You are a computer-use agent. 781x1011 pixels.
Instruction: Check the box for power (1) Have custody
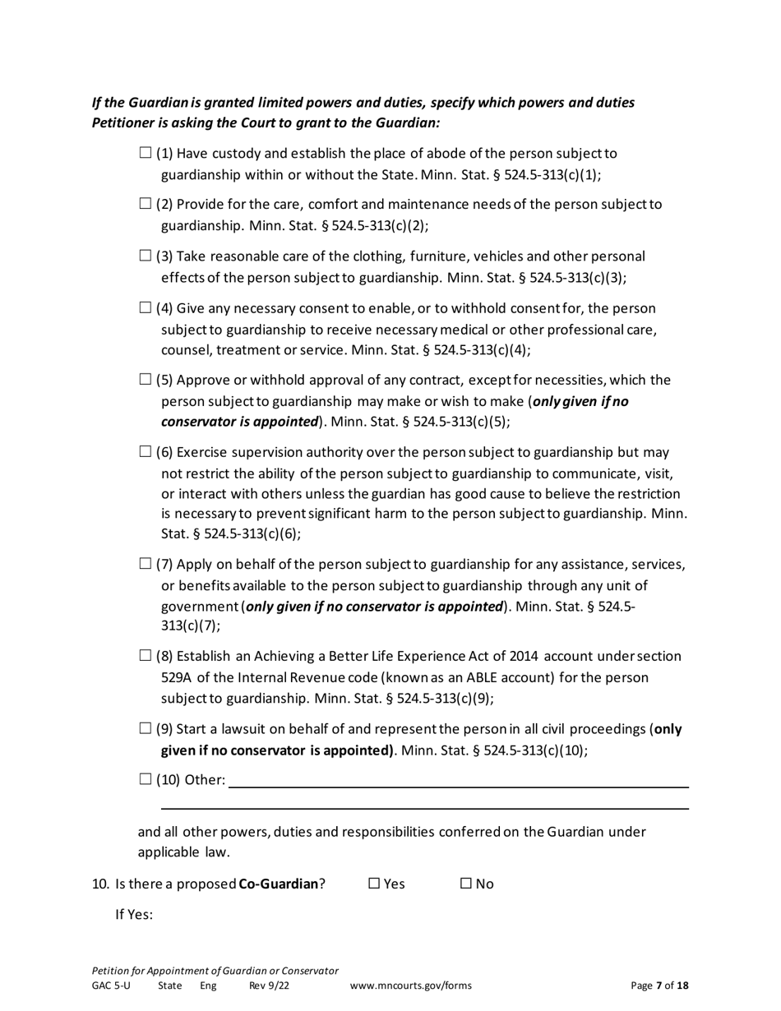(x=146, y=153)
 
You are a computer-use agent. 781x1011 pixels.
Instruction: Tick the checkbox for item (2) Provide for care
(x=146, y=204)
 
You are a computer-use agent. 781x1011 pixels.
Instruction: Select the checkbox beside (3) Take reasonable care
(x=146, y=256)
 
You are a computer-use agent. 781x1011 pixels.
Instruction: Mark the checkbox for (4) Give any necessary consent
(x=146, y=308)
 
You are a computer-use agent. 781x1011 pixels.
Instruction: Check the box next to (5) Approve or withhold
(x=146, y=380)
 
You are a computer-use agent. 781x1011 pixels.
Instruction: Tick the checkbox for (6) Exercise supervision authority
(x=146, y=452)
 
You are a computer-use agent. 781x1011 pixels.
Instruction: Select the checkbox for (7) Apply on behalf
(x=146, y=565)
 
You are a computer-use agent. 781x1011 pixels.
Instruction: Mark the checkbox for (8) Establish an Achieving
(x=146, y=656)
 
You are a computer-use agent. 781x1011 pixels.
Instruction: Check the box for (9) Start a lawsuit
(x=146, y=728)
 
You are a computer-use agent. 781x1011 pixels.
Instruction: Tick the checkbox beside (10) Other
(x=146, y=779)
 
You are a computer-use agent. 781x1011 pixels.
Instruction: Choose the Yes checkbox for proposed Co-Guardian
(x=374, y=884)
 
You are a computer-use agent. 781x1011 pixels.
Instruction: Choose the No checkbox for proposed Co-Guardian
(x=466, y=884)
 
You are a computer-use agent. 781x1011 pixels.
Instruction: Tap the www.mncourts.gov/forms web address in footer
(x=411, y=986)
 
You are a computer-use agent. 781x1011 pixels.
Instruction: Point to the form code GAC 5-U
(x=111, y=986)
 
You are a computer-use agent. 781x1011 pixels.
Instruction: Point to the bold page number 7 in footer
(x=659, y=986)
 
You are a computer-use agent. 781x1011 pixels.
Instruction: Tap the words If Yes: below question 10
(x=134, y=915)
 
